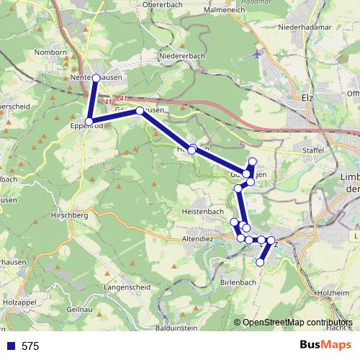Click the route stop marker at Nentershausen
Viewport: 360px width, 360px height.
click(x=96, y=77)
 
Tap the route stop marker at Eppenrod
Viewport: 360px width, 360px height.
click(x=89, y=121)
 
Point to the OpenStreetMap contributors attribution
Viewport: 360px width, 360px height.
click(x=297, y=323)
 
